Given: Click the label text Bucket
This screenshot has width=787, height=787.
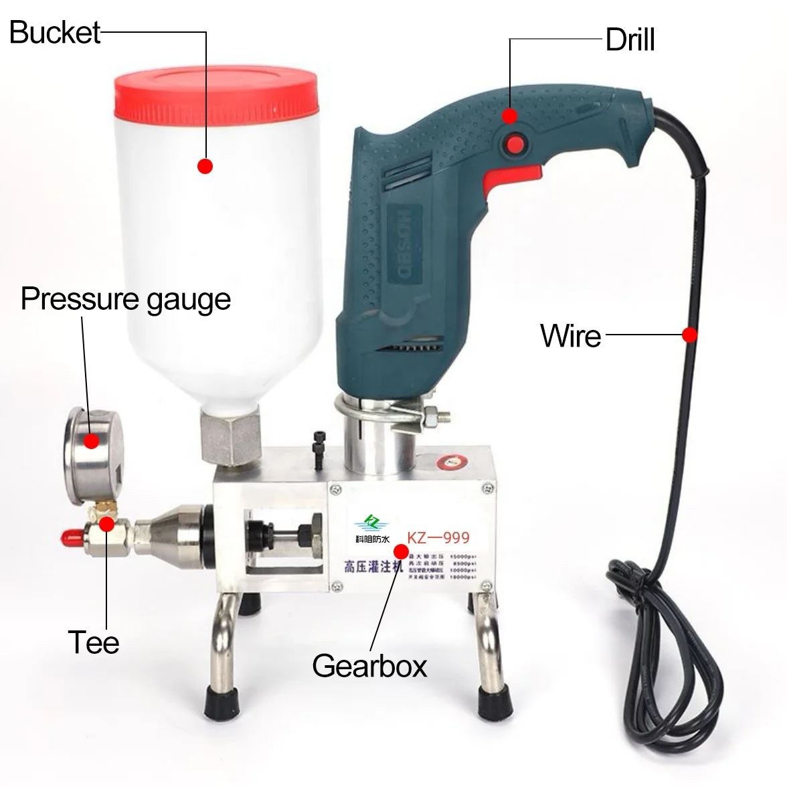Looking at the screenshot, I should click(x=55, y=32).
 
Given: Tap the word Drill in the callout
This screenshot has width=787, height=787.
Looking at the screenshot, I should click(x=630, y=40).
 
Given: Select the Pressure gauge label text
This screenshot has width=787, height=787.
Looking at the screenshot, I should click(x=126, y=299).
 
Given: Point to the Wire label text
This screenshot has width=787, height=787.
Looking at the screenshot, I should click(x=570, y=335).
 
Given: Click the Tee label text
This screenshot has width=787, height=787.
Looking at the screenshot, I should click(x=94, y=642).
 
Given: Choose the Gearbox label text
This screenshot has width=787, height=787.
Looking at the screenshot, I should click(x=369, y=666).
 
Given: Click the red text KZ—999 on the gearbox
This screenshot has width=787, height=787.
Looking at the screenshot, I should click(x=438, y=537).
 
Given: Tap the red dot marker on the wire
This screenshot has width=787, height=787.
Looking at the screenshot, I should click(x=690, y=335).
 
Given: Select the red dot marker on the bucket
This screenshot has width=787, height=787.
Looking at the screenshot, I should click(x=205, y=166).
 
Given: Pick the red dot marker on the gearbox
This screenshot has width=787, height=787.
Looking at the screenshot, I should click(x=401, y=551).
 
